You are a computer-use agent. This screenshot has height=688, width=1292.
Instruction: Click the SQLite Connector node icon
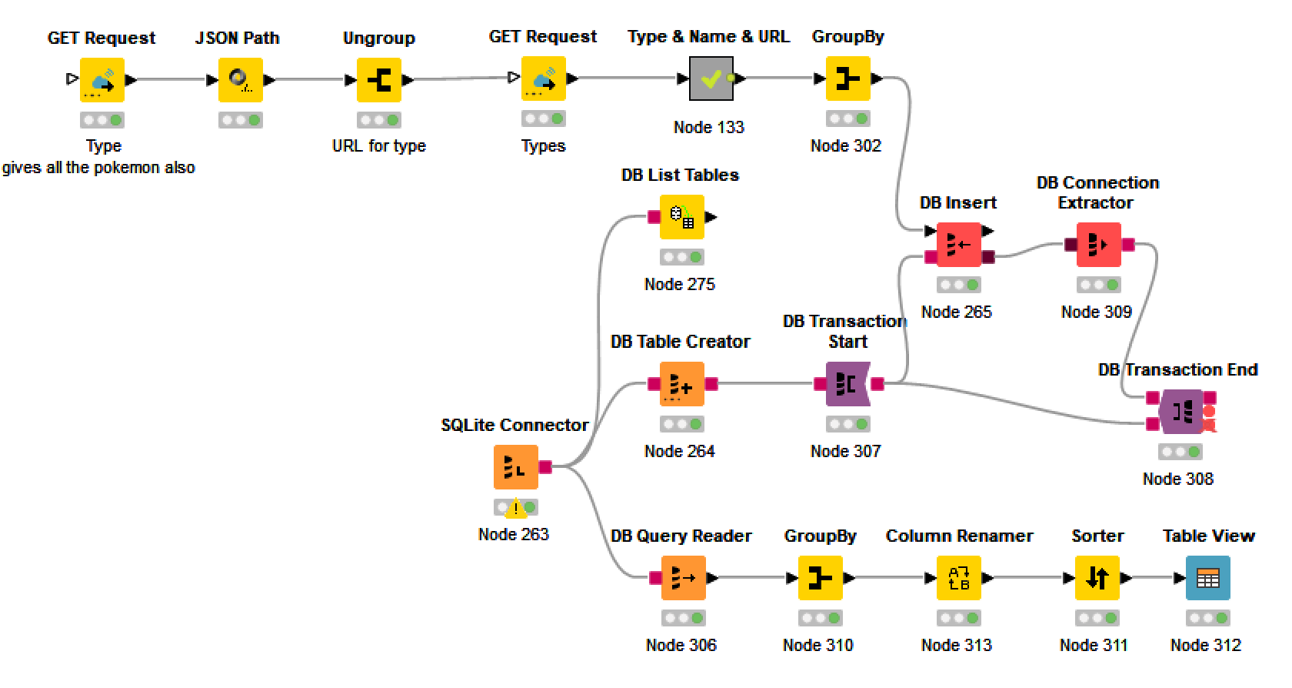point(515,466)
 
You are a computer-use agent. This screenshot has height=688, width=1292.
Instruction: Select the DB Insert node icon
point(958,245)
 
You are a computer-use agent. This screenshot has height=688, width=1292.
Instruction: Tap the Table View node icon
point(1207,578)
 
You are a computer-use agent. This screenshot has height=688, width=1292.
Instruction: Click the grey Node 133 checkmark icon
point(711,78)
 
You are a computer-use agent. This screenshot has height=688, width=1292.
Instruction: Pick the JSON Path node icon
point(240,80)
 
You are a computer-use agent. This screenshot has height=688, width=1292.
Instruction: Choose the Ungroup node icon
point(378,80)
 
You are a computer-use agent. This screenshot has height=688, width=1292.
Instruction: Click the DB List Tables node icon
point(681,217)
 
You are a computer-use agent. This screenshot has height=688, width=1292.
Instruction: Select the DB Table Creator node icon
point(681,384)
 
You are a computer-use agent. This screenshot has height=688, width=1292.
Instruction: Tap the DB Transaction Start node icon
point(847,384)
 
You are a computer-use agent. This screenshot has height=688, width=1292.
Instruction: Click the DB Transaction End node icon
point(1180,412)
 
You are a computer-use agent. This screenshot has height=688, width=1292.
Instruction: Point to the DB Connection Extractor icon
point(1097,245)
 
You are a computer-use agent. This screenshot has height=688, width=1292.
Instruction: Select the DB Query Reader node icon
point(683,578)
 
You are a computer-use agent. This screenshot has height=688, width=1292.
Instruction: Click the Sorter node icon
point(1097,578)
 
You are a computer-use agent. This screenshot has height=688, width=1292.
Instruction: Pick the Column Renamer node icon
point(958,578)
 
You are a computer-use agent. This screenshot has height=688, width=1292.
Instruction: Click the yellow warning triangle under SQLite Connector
point(515,508)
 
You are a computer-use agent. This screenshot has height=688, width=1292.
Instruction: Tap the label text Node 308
point(1177,479)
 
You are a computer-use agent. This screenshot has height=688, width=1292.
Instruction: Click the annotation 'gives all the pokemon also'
point(98,168)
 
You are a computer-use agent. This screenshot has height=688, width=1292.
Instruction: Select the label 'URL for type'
point(378,145)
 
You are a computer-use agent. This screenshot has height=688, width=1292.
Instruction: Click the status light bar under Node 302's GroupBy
point(847,119)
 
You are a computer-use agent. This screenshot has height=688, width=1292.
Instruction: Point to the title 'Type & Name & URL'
point(708,36)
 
